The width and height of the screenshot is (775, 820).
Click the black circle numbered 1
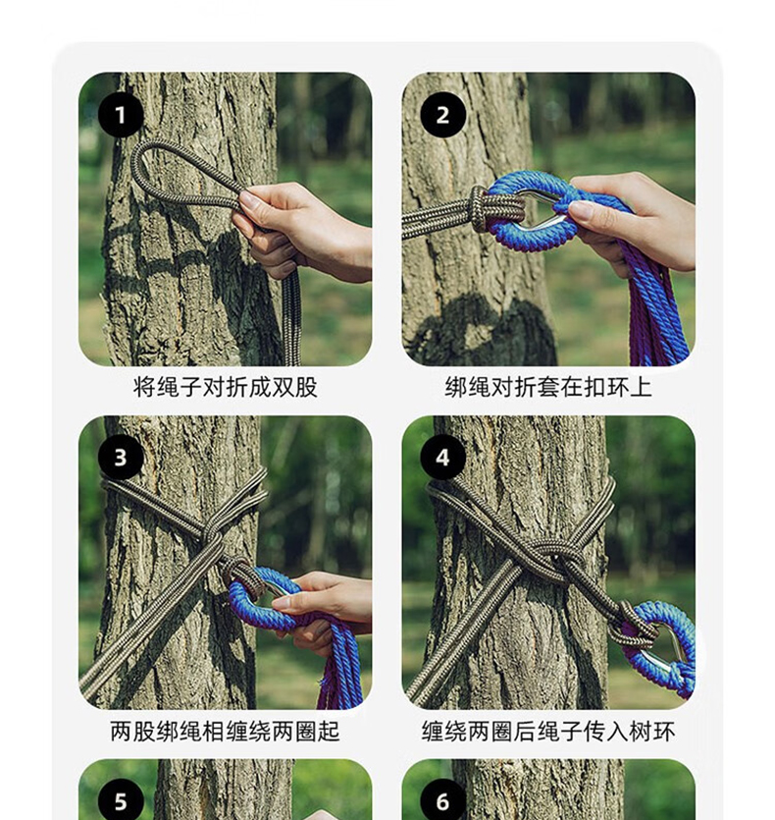pyautogui.click(x=121, y=115)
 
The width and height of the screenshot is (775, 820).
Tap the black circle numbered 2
pyautogui.click(x=443, y=115)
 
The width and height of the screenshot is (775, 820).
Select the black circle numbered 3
pyautogui.click(x=121, y=458)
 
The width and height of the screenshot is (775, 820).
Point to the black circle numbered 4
pyautogui.click(x=443, y=458)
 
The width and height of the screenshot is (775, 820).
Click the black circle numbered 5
pyautogui.click(x=121, y=800)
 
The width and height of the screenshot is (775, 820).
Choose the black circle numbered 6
pyautogui.click(x=443, y=800)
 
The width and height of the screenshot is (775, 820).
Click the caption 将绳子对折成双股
pyautogui.click(x=226, y=388)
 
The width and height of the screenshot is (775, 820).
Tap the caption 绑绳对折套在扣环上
pyautogui.click(x=548, y=388)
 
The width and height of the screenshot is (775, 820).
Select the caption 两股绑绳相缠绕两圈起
pyautogui.click(x=226, y=731)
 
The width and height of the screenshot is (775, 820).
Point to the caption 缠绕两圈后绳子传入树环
pyautogui.click(x=548, y=731)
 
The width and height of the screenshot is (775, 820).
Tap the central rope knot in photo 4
pyautogui.click(x=554, y=556)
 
